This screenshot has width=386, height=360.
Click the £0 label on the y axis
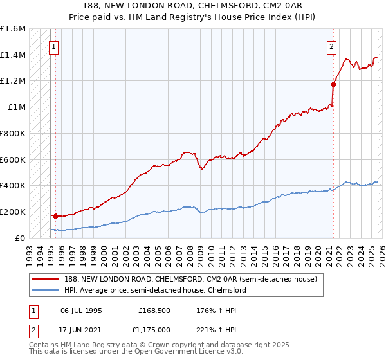point(21,238)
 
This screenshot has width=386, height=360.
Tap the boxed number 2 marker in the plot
point(331,46)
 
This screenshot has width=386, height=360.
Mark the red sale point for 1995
point(55,216)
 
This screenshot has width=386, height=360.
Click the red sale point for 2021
point(333,84)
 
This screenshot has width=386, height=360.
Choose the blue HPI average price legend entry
point(154,290)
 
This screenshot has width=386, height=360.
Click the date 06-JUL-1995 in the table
point(81,309)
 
